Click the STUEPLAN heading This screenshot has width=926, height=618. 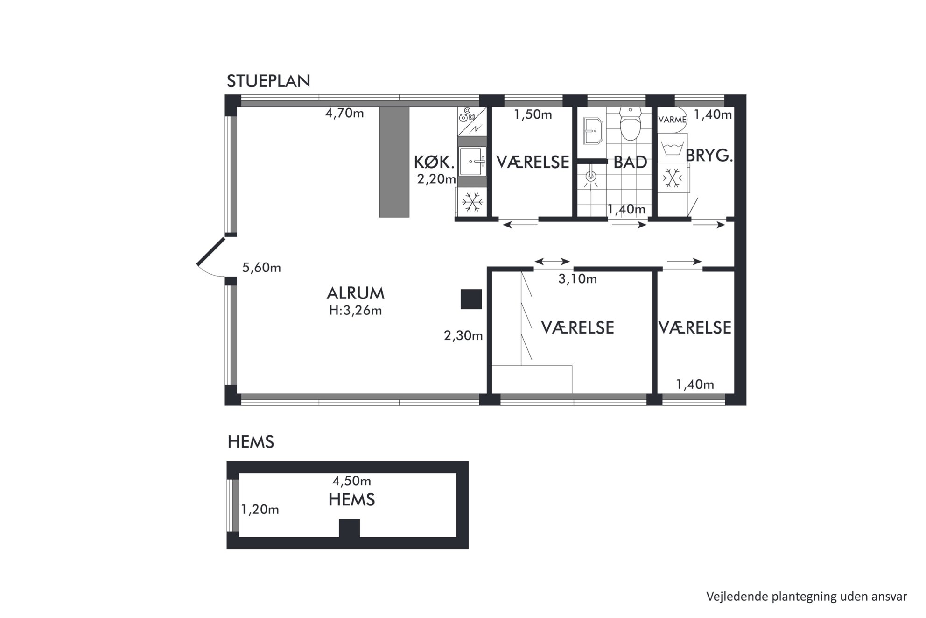[x=268, y=81]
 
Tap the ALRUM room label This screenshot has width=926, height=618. [x=356, y=293]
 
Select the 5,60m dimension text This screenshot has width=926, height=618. [x=261, y=268]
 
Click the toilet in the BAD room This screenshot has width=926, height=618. [x=630, y=124]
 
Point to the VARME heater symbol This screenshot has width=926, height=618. [x=672, y=120]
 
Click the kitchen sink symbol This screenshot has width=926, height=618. [x=472, y=161]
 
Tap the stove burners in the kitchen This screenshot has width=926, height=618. [x=467, y=114]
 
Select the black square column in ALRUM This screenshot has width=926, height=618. [x=471, y=299]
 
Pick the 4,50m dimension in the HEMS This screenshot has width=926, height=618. [x=351, y=481]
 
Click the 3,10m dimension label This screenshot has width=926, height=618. [x=577, y=279]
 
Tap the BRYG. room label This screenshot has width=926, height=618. [x=709, y=156]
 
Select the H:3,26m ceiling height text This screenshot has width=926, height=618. [x=356, y=311]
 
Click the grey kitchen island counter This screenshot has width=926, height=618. [x=394, y=162]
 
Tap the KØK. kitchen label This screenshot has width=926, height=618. [x=434, y=163]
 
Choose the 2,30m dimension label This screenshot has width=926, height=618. [x=463, y=335]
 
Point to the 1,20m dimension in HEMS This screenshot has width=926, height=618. [x=260, y=509]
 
